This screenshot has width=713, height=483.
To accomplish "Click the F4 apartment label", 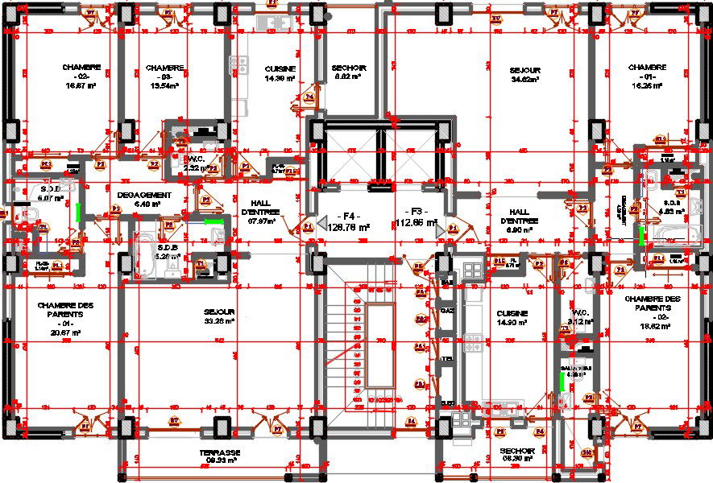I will [347, 222].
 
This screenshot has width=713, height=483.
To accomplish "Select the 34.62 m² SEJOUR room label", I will [524, 74].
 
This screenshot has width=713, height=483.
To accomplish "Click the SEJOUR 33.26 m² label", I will [219, 316].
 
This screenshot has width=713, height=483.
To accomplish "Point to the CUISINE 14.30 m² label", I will [280, 73].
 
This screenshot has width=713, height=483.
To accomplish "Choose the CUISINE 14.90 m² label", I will [512, 318].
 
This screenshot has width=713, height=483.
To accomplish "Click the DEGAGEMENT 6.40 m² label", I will [143, 200].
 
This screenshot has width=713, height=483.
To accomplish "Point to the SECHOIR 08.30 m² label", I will [518, 455].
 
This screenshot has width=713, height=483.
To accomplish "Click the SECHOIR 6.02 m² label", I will [350, 73].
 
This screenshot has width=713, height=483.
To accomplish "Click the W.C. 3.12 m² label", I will [582, 317].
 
